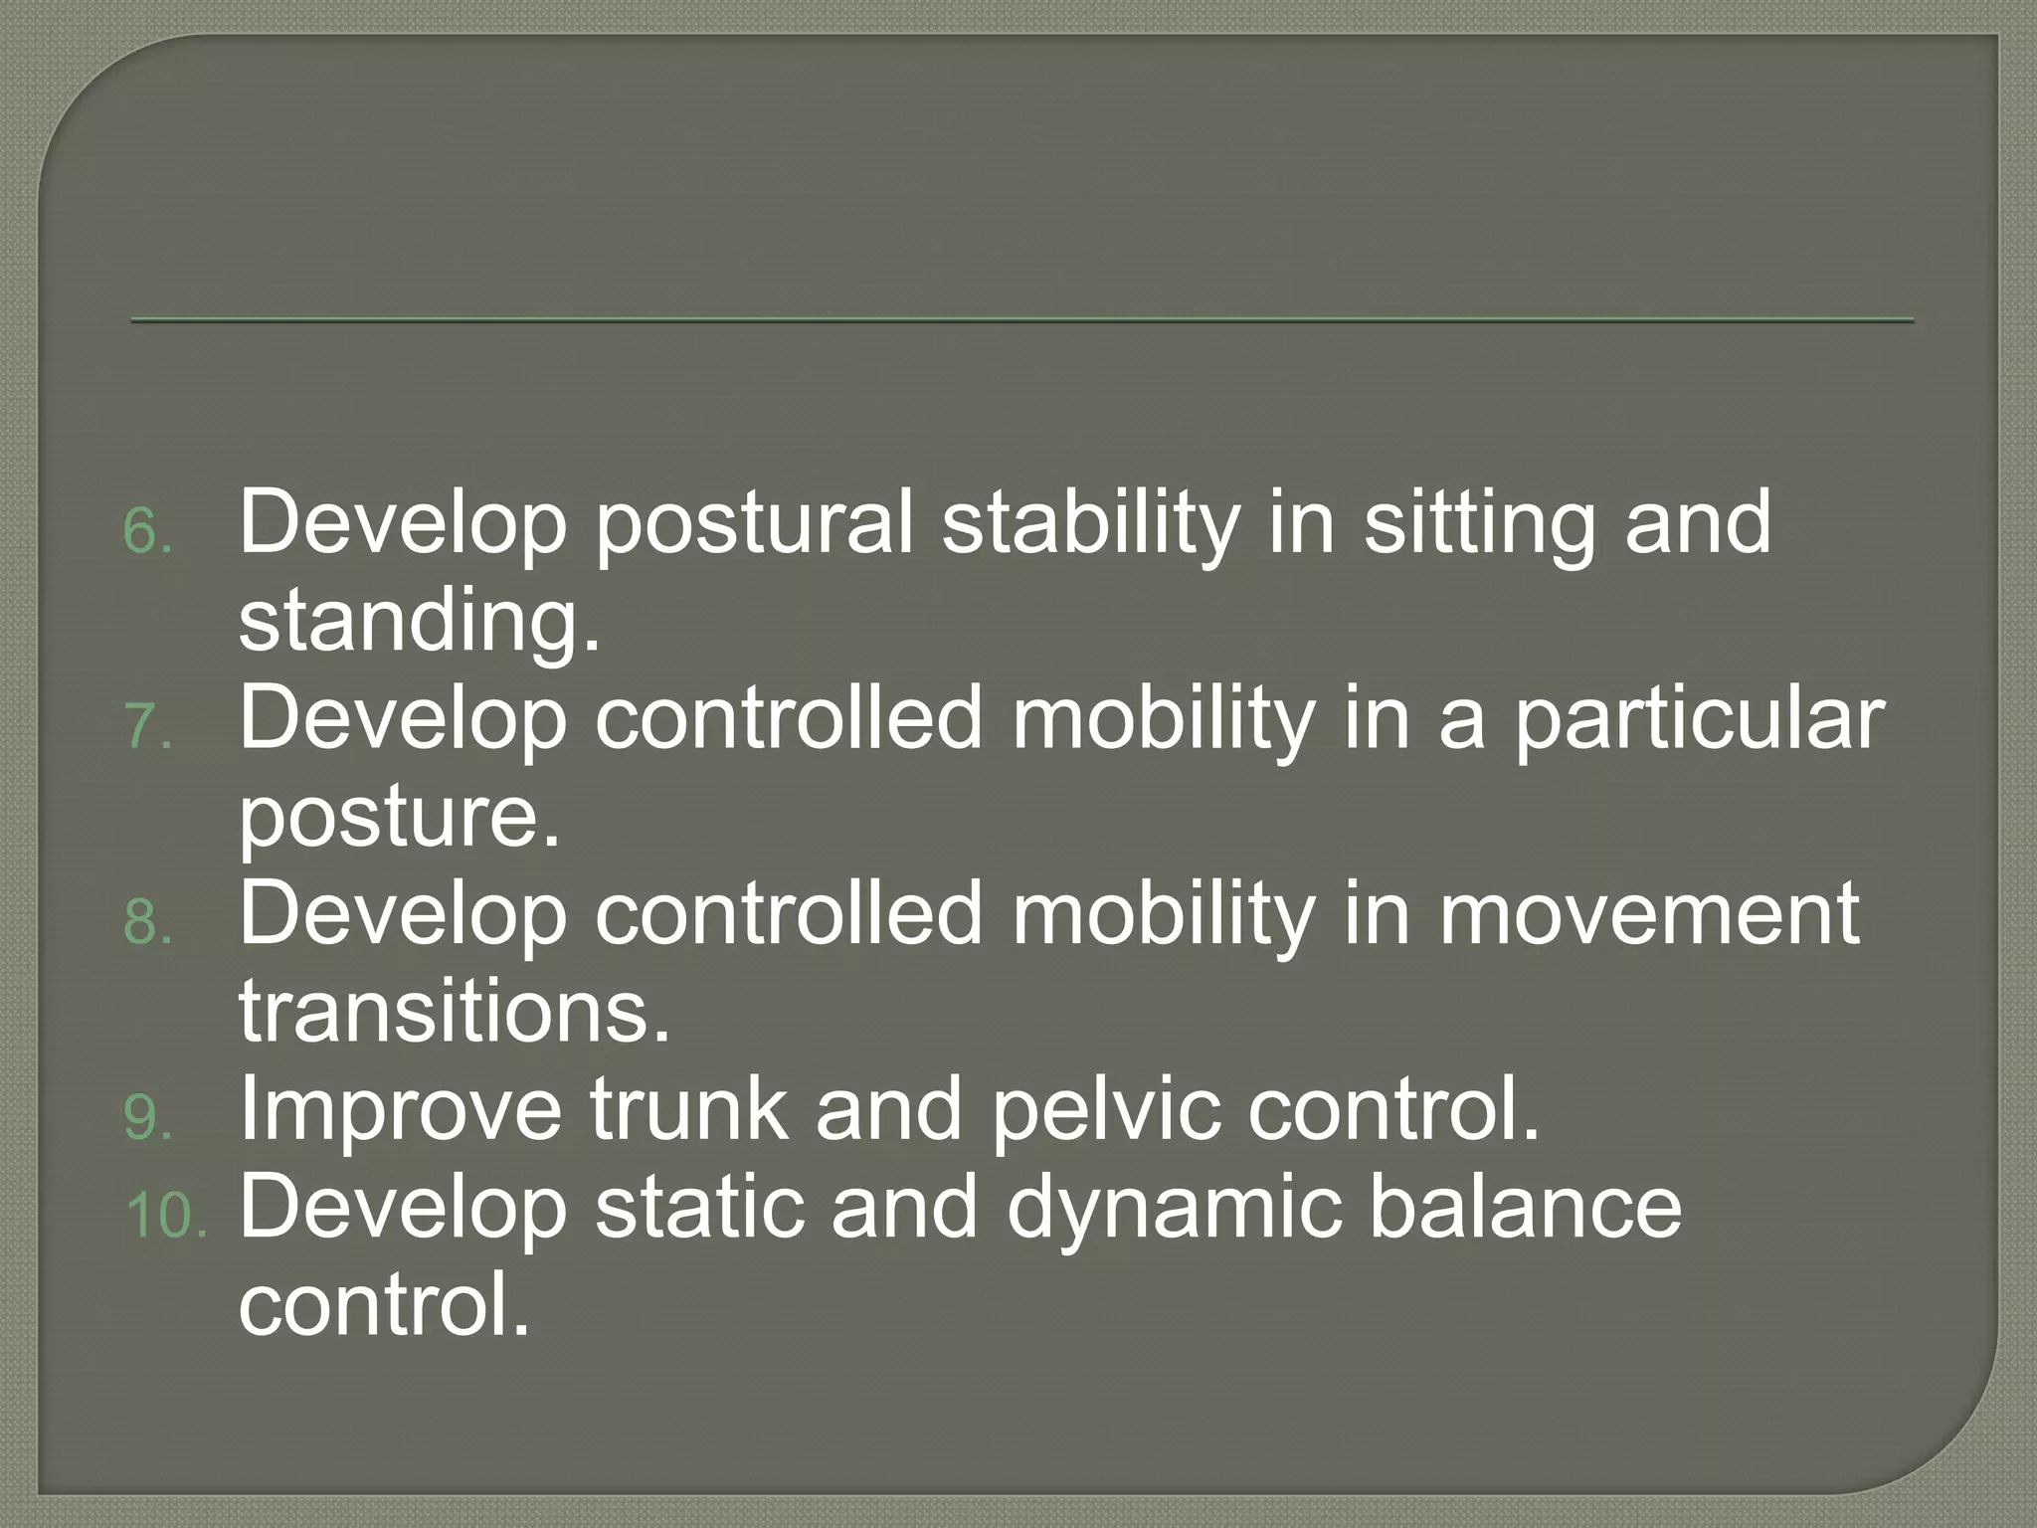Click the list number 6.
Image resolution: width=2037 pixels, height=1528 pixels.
click(147, 532)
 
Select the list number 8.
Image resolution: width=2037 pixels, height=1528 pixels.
click(147, 923)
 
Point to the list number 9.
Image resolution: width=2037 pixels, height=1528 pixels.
click(147, 1118)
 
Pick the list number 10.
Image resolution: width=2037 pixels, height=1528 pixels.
click(165, 1216)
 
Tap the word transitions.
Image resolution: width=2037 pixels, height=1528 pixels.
click(455, 1011)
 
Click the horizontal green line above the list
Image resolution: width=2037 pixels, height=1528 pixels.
click(1021, 319)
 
